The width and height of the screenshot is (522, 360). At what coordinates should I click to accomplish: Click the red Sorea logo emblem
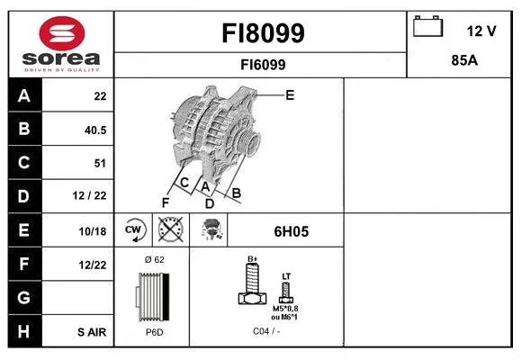tap(62, 33)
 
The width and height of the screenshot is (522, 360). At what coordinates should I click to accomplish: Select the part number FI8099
tap(263, 33)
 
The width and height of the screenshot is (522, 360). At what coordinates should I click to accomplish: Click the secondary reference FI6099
tap(263, 65)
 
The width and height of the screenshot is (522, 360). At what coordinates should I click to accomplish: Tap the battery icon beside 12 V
tap(427, 26)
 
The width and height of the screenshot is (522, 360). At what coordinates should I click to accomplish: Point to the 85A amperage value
tap(464, 60)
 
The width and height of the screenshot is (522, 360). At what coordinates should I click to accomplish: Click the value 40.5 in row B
tap(95, 130)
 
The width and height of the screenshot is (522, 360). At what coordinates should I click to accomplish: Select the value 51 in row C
tap(100, 163)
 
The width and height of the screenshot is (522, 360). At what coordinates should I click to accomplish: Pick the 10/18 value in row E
tap(93, 231)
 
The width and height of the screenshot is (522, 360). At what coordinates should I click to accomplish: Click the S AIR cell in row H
tap(92, 332)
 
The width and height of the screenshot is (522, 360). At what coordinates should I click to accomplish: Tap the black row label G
tap(24, 297)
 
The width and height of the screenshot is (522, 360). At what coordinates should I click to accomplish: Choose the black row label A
tap(24, 95)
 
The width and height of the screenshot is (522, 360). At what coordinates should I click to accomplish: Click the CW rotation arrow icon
tap(133, 230)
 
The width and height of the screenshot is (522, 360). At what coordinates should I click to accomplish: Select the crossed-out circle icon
tap(170, 229)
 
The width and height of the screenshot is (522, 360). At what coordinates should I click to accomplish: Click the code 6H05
tap(292, 231)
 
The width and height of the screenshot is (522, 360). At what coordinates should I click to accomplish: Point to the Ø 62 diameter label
tap(155, 259)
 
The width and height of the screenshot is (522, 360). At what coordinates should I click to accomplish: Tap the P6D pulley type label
tap(155, 332)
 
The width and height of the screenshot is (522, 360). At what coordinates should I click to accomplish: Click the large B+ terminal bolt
tap(252, 283)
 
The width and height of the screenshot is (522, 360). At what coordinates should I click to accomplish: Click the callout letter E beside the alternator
tap(290, 95)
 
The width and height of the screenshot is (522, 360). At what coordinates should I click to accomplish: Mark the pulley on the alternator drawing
tap(249, 142)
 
